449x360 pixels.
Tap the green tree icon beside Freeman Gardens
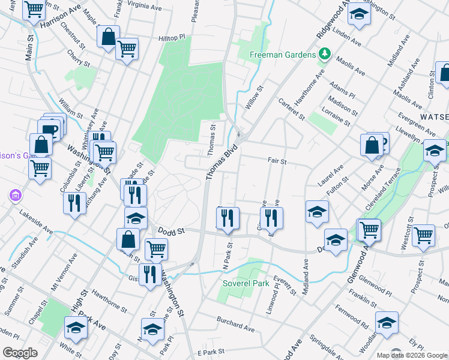(325, 55)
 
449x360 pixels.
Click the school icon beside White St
(76, 328)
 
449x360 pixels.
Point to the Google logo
(20, 353)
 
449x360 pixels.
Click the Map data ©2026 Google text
(411, 355)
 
